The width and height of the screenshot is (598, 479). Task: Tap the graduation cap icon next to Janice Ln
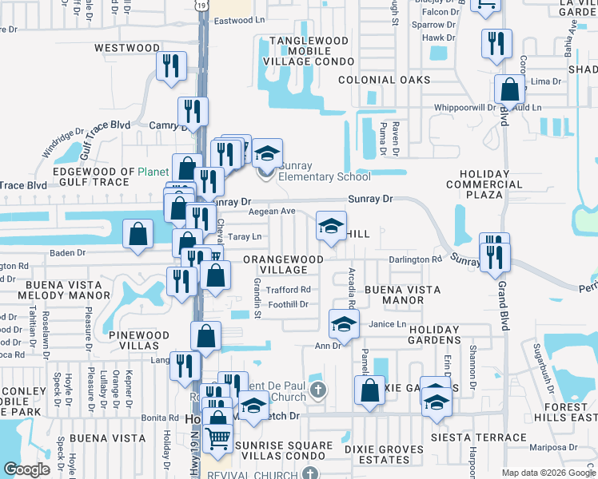pos(344,324)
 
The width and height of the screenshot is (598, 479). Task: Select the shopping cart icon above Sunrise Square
pos(219,437)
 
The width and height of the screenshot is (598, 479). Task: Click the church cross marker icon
pos(318,390)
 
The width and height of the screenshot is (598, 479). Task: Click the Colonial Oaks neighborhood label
pos(384,80)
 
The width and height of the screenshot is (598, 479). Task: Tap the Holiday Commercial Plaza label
pos(484,184)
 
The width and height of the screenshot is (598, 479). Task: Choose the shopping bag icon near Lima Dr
pos(508,90)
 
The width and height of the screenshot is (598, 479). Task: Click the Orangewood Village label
pos(283,264)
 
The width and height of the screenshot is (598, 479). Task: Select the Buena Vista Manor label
pos(393,295)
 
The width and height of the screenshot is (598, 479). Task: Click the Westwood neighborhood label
pos(127,48)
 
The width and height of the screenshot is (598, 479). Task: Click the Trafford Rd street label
pos(288,290)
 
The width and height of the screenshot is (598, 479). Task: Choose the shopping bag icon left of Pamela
pos(369,392)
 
